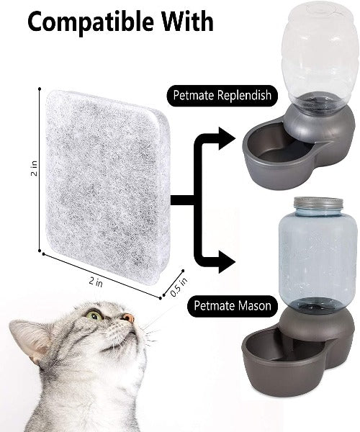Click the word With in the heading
187,22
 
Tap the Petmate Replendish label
222,96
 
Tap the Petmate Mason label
232,306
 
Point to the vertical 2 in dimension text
34,168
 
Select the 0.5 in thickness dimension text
179,287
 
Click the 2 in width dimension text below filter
96,282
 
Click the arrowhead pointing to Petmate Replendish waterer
227,138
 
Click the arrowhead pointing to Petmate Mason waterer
227,262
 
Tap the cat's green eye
94,315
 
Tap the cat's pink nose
129,318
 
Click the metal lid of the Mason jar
318,203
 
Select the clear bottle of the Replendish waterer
320,55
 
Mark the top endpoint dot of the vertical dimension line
40,89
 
